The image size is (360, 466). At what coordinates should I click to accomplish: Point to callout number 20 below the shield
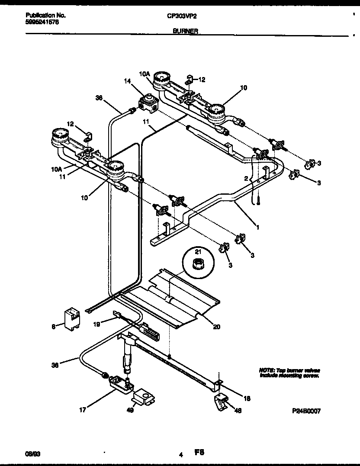click(216, 327)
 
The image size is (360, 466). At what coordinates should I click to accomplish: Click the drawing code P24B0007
click(305, 411)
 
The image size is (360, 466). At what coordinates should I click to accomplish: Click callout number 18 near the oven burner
click(247, 398)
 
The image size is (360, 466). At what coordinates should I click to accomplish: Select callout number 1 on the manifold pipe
click(258, 226)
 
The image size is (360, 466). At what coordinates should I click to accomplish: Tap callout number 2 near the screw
click(245, 178)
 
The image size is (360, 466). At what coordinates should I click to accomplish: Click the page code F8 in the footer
click(199, 453)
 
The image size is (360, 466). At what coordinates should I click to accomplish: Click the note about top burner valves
click(289, 373)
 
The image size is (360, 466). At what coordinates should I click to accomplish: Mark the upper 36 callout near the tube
click(99, 98)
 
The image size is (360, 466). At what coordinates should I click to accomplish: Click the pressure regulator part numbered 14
click(148, 102)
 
